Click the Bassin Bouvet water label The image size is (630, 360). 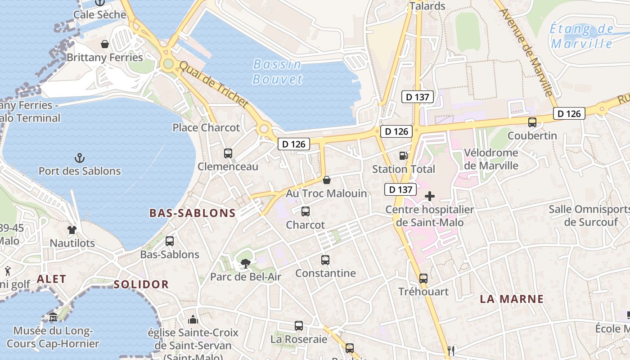pos(277,72)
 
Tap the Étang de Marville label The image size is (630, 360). pos(581,36)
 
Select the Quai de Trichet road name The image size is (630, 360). pos(214,85)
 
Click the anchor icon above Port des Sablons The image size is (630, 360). pos(80,158)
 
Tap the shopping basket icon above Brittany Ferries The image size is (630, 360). pos(105,44)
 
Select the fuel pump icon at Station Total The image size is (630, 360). pos(404,156)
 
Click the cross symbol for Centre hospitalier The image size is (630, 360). pos(430,196)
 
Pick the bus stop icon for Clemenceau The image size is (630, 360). pos(228,153)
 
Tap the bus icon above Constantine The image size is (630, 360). pos(325,260)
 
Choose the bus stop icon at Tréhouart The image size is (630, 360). pos(423,279)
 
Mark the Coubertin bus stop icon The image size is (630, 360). pos(532,122)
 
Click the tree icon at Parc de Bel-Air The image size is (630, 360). pos(246,264)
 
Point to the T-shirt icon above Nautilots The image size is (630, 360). pos(72,230)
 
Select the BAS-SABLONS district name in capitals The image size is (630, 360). pos(193,213)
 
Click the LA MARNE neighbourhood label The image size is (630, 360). pos(512,299)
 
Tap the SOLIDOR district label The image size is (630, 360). pos(141,284)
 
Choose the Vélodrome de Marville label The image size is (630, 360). pos(491,159)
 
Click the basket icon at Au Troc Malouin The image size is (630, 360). pos(327,180)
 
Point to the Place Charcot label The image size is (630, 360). pos(206,128)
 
